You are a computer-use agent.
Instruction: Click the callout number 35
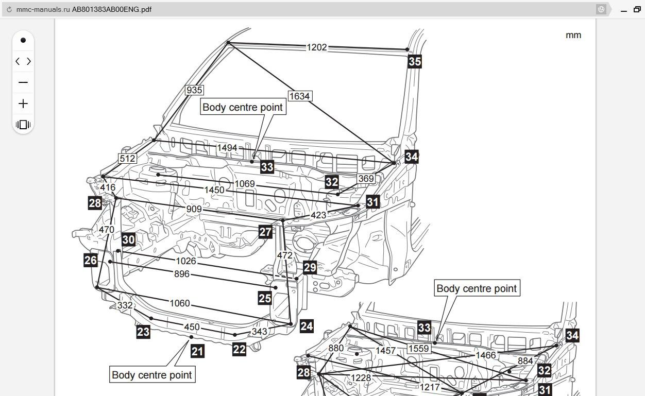coord(415,62)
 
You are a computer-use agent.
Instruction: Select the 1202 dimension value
coord(317,47)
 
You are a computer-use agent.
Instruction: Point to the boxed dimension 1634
coord(299,96)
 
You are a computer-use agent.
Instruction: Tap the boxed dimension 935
coord(194,90)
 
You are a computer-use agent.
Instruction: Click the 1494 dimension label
coord(227,148)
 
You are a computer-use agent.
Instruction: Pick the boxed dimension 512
coord(127,159)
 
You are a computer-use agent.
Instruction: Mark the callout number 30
coord(128,239)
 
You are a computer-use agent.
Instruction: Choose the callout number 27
coord(265,232)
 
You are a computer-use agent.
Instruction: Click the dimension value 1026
coord(185,261)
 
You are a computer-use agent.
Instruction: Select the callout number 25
coord(265,298)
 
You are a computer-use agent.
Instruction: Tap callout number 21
coord(197,351)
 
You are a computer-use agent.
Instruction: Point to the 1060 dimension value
coord(179,303)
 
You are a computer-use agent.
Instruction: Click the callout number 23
coord(143,332)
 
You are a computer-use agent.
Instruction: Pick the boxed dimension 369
coord(366,179)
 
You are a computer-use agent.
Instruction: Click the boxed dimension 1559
coord(418,349)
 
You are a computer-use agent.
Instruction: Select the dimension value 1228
coord(361,378)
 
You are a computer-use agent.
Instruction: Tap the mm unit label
coord(573,35)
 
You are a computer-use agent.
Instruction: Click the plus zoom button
coord(23,104)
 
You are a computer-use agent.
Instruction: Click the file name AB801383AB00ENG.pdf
coord(111,9)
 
